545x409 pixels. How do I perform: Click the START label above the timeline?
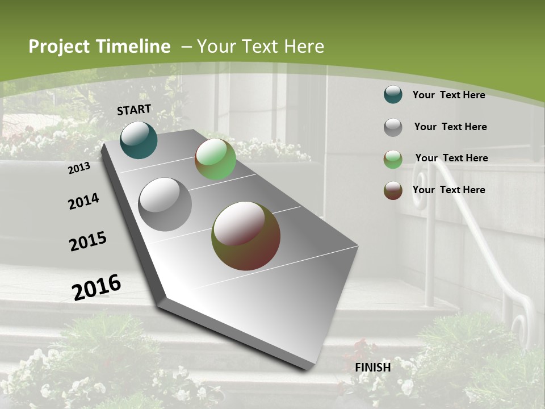[134, 110]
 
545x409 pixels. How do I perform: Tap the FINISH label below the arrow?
[373, 368]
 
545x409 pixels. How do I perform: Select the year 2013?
[79, 168]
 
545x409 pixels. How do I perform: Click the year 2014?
[83, 201]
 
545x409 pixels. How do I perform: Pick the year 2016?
[97, 287]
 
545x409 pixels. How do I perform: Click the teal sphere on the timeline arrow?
[139, 140]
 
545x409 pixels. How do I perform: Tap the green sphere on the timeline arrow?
[215, 159]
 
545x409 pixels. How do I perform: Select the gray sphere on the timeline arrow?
[165, 204]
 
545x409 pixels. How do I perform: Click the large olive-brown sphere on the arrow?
[245, 236]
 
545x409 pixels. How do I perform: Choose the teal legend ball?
[393, 94]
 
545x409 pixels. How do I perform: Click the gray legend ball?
[393, 127]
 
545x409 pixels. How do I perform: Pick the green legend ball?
[393, 158]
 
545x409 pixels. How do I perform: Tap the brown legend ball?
[393, 190]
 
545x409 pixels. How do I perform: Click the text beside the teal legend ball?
[448, 95]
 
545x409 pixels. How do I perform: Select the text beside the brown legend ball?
[448, 190]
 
